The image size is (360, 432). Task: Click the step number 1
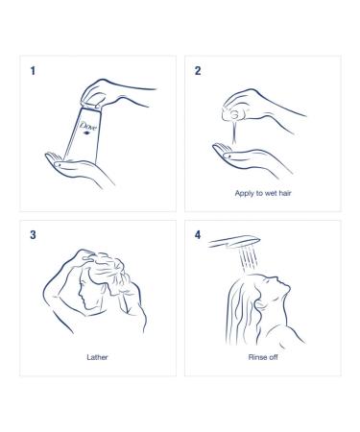[33, 71]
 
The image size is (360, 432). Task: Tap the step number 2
[198, 71]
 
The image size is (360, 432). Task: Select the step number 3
[33, 235]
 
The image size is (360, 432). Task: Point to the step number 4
[198, 235]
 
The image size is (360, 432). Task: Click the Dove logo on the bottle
[87, 127]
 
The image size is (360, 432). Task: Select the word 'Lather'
[97, 357]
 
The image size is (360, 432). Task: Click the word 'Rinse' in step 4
[256, 357]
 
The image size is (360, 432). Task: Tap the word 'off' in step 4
[273, 357]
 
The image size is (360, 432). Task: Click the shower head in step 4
[234, 242]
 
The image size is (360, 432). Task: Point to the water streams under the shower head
[249, 258]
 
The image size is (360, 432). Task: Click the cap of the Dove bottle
[91, 107]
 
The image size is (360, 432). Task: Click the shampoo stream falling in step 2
[235, 132]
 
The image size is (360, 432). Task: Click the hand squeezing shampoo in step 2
[256, 108]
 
